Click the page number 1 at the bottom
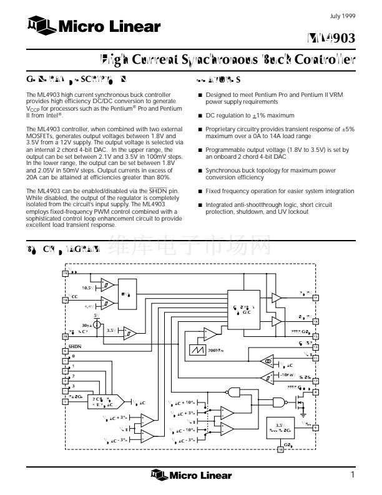[353, 476]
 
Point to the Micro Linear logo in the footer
[190, 476]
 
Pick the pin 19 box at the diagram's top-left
[65, 274]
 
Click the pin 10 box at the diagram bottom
[280, 448]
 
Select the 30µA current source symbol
[96, 326]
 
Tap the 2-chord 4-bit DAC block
[100, 401]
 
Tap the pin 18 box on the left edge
[65, 300]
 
